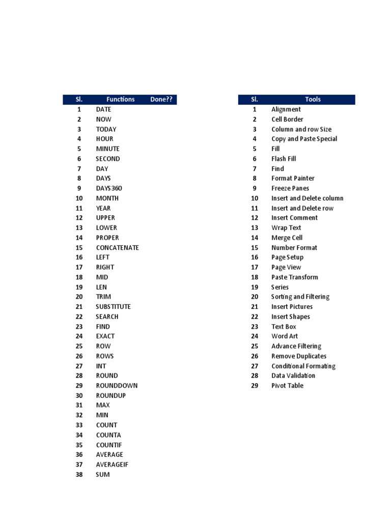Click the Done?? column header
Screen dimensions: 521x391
pyautogui.click(x=162, y=100)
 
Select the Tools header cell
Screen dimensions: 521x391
pyautogui.click(x=313, y=100)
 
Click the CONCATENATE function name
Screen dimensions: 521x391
pyautogui.click(x=117, y=248)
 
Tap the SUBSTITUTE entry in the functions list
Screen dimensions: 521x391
pyautogui.click(x=113, y=307)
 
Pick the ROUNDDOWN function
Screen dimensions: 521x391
pyautogui.click(x=117, y=386)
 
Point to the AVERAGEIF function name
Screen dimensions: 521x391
pyautogui.click(x=113, y=465)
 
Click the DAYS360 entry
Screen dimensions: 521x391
pyautogui.click(x=109, y=188)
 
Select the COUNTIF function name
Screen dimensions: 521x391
pyautogui.click(x=109, y=445)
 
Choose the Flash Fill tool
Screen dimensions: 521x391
pyautogui.click(x=284, y=159)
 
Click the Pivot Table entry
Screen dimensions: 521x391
pyautogui.click(x=287, y=386)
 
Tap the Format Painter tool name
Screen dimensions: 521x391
pyautogui.click(x=293, y=179)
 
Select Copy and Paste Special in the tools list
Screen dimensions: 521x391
pyautogui.click(x=304, y=139)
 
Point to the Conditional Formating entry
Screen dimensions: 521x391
pyautogui.click(x=303, y=366)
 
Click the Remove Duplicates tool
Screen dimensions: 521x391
pyautogui.click(x=299, y=356)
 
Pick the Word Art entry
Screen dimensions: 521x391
pyautogui.click(x=285, y=336)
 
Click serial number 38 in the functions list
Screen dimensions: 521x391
pyautogui.click(x=79, y=475)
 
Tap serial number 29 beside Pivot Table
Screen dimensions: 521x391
pyautogui.click(x=255, y=386)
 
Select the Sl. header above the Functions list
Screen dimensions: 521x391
pyautogui.click(x=79, y=100)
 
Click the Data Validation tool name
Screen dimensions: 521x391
pyautogui.click(x=293, y=376)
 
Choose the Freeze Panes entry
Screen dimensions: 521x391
pyautogui.click(x=290, y=188)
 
